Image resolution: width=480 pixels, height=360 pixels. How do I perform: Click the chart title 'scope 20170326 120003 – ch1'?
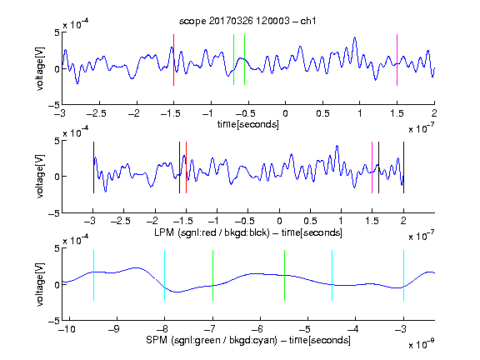point(247,21)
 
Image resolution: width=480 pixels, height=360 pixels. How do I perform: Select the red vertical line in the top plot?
point(174,60)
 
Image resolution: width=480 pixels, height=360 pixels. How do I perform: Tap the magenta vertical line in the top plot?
point(397,60)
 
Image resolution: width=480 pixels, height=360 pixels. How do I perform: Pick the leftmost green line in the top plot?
point(234,60)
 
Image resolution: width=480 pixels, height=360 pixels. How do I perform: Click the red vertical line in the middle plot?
point(186,167)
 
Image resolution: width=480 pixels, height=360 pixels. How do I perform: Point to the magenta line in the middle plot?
point(372,167)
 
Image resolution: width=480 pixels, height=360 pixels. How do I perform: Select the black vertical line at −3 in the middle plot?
point(93,167)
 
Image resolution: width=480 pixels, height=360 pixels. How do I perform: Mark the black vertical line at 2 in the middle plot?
point(404,167)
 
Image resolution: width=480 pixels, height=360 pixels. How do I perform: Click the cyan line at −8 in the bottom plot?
point(165,276)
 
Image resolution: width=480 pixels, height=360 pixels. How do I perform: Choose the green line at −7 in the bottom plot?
point(212,276)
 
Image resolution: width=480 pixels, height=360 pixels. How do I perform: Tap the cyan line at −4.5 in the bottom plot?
point(332,276)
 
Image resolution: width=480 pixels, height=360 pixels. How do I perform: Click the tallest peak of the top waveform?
point(355,37)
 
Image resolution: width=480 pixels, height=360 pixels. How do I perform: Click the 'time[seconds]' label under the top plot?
point(248,124)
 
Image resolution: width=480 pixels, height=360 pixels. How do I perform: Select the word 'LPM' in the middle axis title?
point(164,232)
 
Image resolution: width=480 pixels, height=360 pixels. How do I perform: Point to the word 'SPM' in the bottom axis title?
point(157,340)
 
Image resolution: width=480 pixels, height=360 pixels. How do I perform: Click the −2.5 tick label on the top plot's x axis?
point(97,113)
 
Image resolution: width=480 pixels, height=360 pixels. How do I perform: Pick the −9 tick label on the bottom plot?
point(114,329)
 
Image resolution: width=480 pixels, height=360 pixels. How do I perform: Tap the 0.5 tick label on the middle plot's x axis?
point(310,221)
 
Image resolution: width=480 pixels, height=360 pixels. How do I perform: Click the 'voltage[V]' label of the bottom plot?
point(40,284)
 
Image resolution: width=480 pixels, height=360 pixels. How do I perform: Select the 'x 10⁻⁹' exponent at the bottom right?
point(421,343)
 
